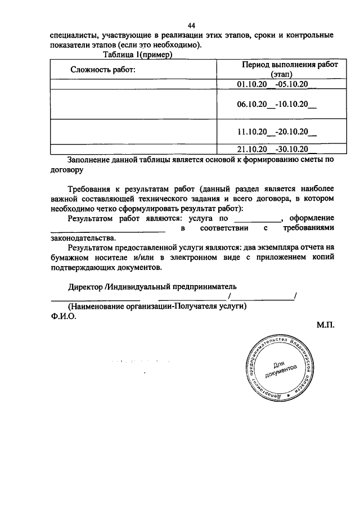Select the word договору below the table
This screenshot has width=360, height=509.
click(x=67, y=168)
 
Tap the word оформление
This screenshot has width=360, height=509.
click(x=311, y=218)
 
